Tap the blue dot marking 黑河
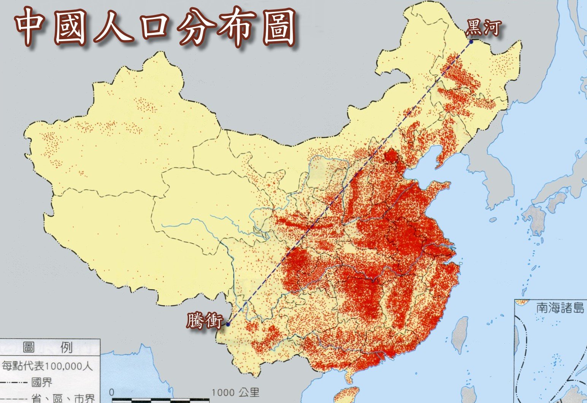click(x=471, y=42)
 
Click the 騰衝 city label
click(x=204, y=321)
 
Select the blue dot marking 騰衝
click(x=228, y=325)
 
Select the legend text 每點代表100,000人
click(x=47, y=366)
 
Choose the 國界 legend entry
click(x=41, y=382)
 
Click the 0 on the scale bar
click(x=111, y=392)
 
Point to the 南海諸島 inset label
click(x=560, y=308)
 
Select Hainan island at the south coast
click(x=348, y=395)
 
